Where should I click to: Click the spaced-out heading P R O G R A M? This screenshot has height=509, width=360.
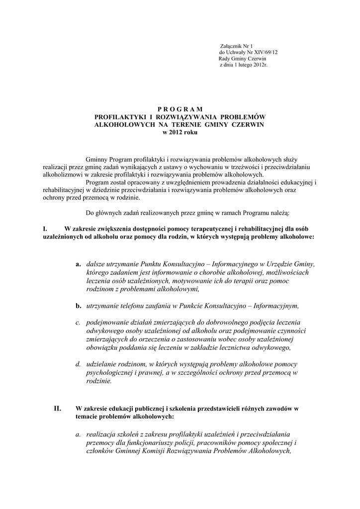coord(180,108)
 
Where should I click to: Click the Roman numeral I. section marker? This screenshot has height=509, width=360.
coord(45,229)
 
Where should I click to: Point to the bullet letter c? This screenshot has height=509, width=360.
coord(79,322)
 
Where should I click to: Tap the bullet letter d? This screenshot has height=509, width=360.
coord(79,364)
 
